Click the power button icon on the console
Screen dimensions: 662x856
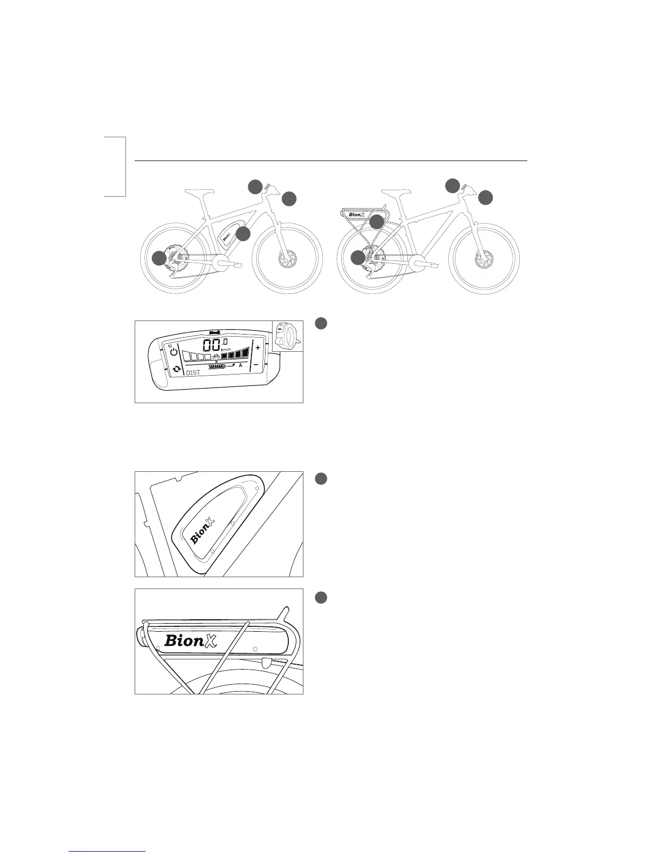pos(173,352)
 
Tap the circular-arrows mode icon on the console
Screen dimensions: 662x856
pos(176,370)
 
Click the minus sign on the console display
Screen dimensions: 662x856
pos(256,365)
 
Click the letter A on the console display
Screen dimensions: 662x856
pos(240,365)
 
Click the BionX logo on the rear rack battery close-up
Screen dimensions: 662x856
pos(190,640)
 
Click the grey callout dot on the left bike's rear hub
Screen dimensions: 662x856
pos(158,258)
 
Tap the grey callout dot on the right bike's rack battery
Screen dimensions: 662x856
pos(376,222)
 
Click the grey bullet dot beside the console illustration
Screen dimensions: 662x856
pos(321,323)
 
